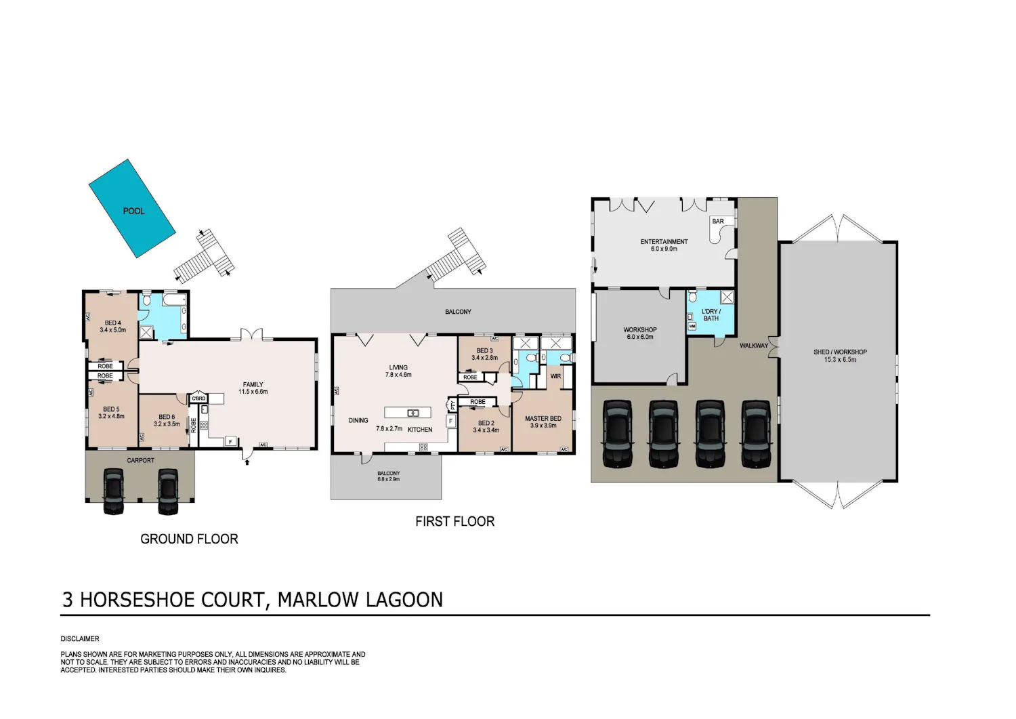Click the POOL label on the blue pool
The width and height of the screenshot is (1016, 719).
click(134, 211)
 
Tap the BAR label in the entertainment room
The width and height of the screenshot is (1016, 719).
click(718, 221)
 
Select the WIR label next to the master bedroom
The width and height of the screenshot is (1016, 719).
click(555, 376)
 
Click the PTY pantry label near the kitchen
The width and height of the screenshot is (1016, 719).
click(452, 405)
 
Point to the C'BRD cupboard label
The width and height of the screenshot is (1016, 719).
click(198, 398)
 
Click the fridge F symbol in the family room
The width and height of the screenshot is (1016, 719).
click(230, 441)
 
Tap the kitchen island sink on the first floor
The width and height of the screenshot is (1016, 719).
click(412, 413)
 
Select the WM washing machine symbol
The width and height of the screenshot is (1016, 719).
click(692, 326)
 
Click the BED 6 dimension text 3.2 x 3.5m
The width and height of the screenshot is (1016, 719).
click(167, 424)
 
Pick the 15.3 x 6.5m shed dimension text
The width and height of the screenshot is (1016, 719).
click(840, 359)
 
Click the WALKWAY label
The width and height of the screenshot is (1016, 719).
click(754, 346)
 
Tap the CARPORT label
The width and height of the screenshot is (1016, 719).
click(141, 460)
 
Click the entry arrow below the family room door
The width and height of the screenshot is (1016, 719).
click(247, 463)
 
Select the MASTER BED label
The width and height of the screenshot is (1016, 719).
click(543, 419)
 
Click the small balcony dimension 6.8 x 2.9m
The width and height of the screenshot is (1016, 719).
click(388, 479)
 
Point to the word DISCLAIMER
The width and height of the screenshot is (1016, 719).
click(80, 638)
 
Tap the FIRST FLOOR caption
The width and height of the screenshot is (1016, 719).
click(455, 521)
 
